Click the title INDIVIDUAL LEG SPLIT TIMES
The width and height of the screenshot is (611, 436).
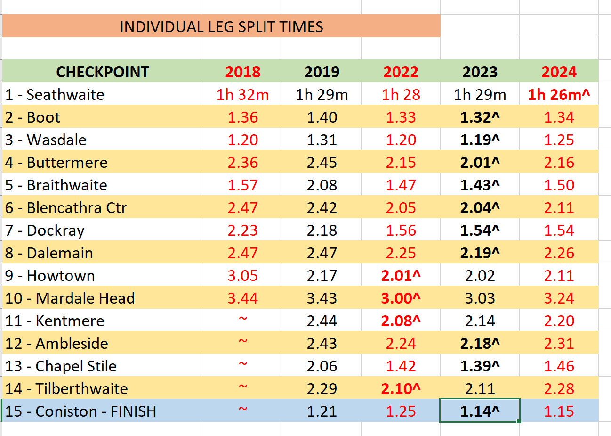[221, 27]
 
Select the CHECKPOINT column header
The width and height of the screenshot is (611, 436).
[103, 72]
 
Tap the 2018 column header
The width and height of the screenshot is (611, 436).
[242, 72]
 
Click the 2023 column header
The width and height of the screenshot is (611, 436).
[480, 72]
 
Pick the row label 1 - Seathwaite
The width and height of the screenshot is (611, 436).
[55, 95]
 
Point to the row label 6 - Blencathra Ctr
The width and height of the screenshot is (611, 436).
[66, 208]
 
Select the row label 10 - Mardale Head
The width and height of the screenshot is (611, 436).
[70, 298]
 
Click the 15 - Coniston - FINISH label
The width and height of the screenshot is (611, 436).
[80, 411]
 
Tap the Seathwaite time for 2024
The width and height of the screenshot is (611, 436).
[559, 95]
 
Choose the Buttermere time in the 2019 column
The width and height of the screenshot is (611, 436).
[322, 163]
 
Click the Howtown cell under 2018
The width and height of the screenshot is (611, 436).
[242, 276]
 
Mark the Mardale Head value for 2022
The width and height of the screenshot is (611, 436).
[401, 298]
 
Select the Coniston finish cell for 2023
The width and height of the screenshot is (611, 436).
[480, 411]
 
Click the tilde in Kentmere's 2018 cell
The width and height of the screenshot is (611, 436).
[242, 319]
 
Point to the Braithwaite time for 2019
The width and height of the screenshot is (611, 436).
[322, 185]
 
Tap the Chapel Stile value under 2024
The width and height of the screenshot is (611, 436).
[559, 366]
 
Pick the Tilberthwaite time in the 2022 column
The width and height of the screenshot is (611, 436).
[401, 389]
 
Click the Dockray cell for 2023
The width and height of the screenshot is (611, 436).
[480, 230]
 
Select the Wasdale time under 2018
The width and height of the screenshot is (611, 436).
[242, 140]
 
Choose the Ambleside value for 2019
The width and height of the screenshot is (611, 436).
[322, 344]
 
